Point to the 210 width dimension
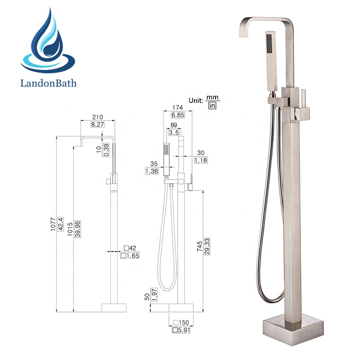click(x=97, y=117)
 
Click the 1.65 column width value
click(x=131, y=255)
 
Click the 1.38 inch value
click(x=152, y=171)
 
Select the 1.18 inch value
click(x=200, y=160)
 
